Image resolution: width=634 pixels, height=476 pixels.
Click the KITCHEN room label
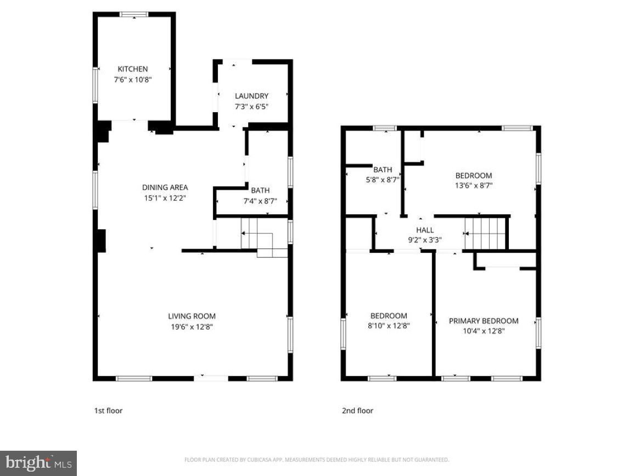pos(132,69)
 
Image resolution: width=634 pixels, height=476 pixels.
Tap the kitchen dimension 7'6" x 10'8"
pos(132,79)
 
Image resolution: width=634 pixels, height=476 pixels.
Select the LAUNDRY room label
pos(251,96)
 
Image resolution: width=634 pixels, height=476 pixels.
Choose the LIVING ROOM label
pos(192,316)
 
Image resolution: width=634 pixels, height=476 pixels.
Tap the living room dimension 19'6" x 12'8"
pos(192,326)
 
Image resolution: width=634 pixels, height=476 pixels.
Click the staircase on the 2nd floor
pos(485,233)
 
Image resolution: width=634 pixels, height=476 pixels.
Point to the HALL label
pos(425,230)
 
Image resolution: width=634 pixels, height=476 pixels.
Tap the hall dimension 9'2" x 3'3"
pos(425,240)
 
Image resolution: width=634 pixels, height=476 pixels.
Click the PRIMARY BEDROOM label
pos(484,321)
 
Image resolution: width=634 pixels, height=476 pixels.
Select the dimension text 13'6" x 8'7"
pos(474,186)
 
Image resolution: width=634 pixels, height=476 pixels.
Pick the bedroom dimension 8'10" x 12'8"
pos(389,325)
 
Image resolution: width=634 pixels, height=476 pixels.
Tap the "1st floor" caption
pos(109,411)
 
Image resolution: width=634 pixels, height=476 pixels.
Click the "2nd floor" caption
pos(357,411)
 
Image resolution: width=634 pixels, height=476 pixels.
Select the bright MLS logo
pos(38,463)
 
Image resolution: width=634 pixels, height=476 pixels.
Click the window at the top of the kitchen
pos(134,14)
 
